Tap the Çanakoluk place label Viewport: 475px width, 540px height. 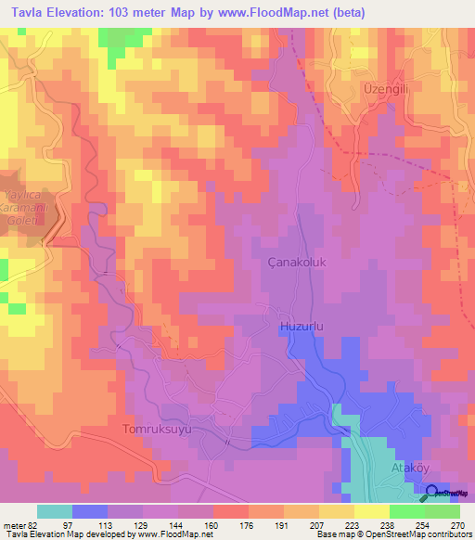(296, 263)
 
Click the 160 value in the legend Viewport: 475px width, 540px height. (212, 525)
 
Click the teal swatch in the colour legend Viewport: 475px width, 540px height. (55, 511)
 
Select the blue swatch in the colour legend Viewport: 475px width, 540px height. (90, 511)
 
